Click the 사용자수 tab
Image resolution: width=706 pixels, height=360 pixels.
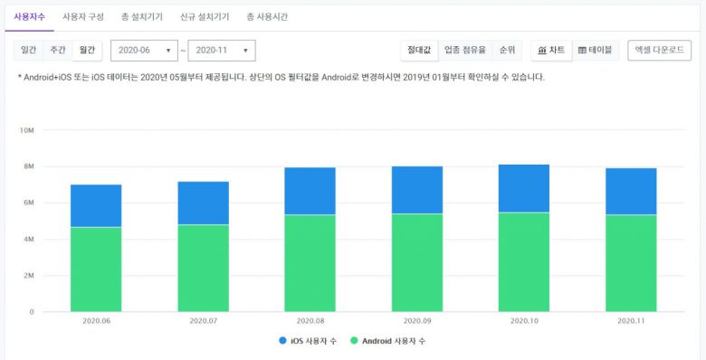(x=30, y=17)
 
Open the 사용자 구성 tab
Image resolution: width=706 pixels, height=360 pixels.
(x=83, y=17)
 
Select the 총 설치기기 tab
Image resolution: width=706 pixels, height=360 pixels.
(x=142, y=17)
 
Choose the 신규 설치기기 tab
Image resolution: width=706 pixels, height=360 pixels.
(x=205, y=17)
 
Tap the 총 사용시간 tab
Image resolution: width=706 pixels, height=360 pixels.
(x=267, y=17)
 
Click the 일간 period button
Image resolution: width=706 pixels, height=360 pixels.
(x=29, y=51)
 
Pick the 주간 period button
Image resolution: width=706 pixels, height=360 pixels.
(x=58, y=51)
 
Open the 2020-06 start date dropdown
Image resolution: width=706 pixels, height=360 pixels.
(x=144, y=51)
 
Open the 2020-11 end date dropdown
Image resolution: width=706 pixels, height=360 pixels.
(x=222, y=51)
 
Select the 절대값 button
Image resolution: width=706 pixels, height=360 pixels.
(x=419, y=51)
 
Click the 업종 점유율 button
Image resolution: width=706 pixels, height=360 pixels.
(x=465, y=51)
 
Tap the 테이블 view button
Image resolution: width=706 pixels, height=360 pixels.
(x=595, y=51)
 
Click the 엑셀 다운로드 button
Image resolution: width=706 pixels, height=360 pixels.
(x=660, y=51)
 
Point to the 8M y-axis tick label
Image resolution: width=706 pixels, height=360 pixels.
(x=27, y=166)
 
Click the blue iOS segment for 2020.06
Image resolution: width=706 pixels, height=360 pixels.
(x=96, y=205)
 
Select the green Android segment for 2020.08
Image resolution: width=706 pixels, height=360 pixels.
(x=310, y=262)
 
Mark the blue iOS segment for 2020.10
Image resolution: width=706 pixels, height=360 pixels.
(x=524, y=188)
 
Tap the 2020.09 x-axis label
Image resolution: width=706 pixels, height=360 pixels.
(x=417, y=321)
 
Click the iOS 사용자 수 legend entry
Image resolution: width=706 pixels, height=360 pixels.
(x=309, y=341)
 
